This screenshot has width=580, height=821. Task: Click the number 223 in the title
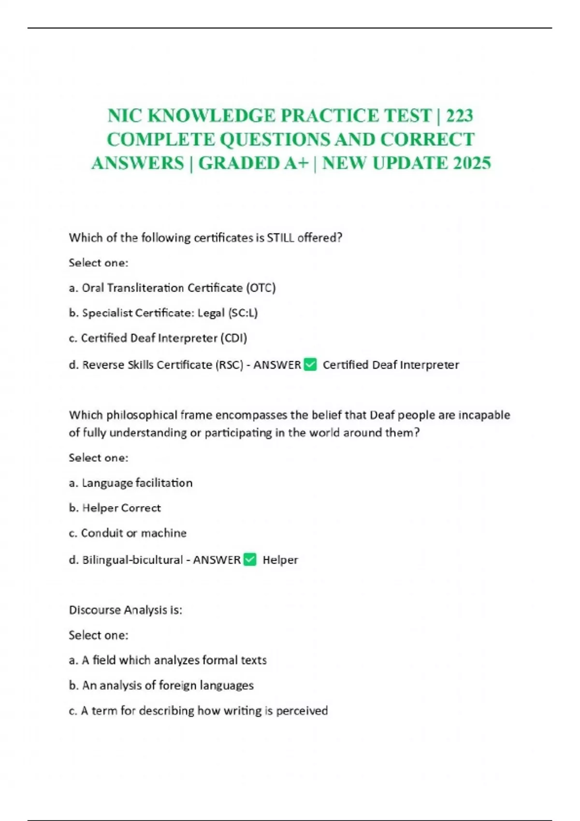click(x=459, y=116)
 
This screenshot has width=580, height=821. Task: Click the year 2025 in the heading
click(x=472, y=163)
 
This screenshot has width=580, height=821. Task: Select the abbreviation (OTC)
click(x=261, y=288)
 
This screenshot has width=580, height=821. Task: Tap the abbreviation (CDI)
click(x=233, y=338)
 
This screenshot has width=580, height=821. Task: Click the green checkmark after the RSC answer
click(x=310, y=365)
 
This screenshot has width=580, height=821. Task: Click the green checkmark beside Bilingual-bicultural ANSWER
click(x=250, y=560)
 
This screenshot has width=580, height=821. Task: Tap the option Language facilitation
click(x=137, y=483)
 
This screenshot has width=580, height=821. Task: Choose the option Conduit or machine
click(x=133, y=533)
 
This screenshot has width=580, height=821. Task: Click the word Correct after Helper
click(x=141, y=508)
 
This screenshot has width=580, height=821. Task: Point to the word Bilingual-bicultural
click(x=132, y=560)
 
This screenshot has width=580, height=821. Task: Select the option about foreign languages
click(x=167, y=685)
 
